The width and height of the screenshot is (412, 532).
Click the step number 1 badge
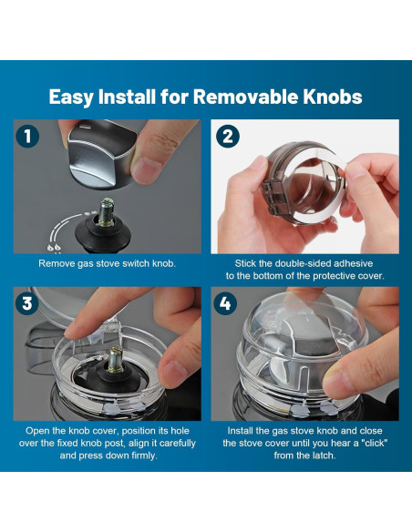click(27, 137)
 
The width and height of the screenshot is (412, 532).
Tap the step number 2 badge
click(228, 137)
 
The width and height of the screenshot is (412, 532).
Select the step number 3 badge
click(27, 303)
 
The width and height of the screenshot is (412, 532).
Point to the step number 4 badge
click(225, 303)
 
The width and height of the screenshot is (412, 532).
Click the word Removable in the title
click(246, 97)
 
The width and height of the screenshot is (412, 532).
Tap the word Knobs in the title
click(333, 97)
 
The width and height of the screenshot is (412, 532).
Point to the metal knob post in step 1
click(107, 211)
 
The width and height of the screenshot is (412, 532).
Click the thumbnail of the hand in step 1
click(148, 170)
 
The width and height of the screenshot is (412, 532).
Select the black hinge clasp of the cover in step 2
click(274, 198)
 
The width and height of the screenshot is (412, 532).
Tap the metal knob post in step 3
click(115, 360)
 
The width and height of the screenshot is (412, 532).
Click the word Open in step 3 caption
click(36, 431)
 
